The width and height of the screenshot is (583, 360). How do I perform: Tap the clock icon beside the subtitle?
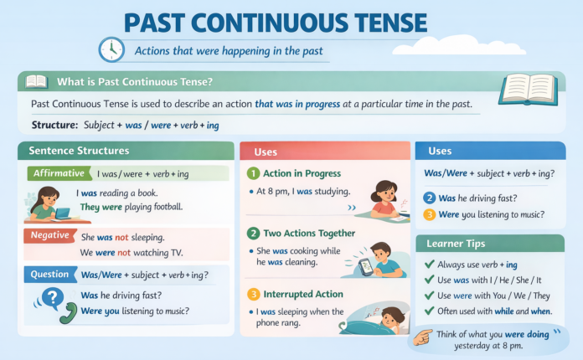(111, 49)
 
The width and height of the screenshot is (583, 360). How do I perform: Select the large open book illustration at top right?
(528, 89)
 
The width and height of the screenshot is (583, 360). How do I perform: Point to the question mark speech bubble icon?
(53, 297)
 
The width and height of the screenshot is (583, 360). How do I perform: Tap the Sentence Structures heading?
(79, 151)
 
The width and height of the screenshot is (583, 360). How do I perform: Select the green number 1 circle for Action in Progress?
(253, 173)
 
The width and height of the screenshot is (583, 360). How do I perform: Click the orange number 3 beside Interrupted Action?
(253, 294)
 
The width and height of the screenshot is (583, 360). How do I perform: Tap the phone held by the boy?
(366, 265)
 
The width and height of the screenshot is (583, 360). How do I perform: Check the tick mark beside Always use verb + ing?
(429, 265)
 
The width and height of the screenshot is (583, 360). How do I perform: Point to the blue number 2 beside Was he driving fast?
(429, 198)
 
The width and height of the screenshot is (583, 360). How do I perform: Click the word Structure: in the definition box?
(54, 124)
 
